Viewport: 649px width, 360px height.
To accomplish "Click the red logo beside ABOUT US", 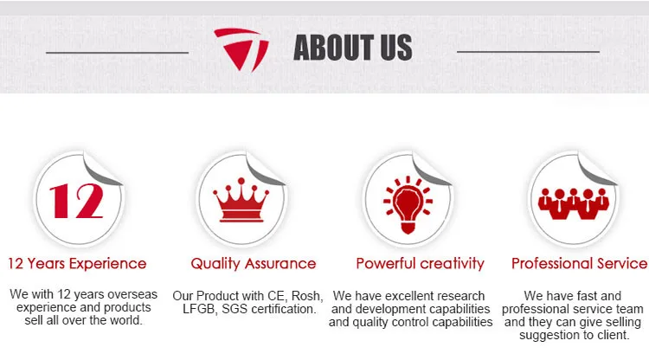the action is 241,48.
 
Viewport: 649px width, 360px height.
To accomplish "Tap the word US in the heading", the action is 396,48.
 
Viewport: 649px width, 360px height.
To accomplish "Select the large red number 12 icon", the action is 76,201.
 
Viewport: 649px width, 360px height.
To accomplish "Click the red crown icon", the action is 241,200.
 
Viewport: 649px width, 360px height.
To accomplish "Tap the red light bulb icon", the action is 408,204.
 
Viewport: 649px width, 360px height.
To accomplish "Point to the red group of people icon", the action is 573,203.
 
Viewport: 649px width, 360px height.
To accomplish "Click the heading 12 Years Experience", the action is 77,264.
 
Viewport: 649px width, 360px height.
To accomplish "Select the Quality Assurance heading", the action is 254,264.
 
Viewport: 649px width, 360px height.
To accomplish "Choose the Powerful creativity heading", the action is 420,264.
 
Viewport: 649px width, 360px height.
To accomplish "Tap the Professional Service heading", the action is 580,264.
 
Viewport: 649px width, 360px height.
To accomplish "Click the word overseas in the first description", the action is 132,294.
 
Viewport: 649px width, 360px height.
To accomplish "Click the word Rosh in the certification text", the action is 306,296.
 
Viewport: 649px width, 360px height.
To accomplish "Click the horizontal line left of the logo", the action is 117,53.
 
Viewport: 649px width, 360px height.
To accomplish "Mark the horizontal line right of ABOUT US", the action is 528,52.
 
